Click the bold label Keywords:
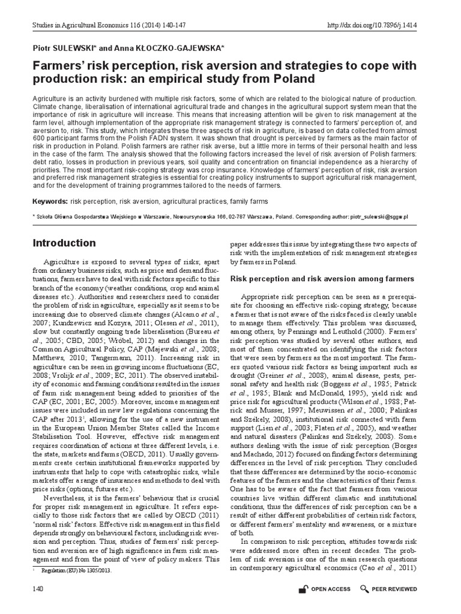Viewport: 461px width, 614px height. (50, 201)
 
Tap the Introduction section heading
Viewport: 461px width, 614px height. (64, 243)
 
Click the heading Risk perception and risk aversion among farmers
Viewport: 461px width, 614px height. (322, 279)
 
